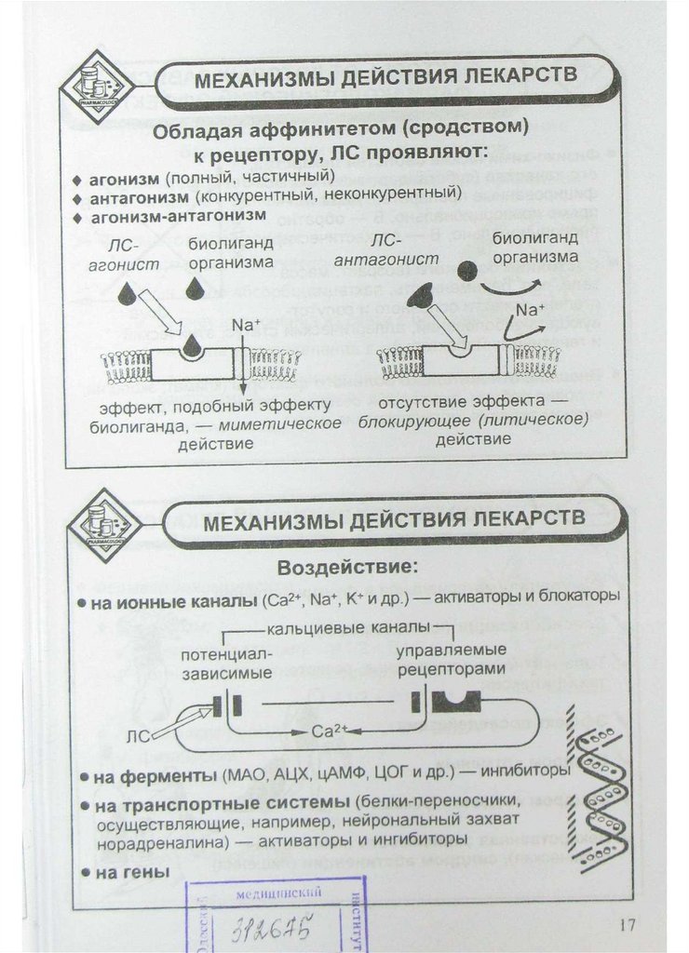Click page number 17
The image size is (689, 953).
click(625, 924)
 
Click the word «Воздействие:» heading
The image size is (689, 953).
click(346, 567)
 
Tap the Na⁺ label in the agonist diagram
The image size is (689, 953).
click(243, 326)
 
